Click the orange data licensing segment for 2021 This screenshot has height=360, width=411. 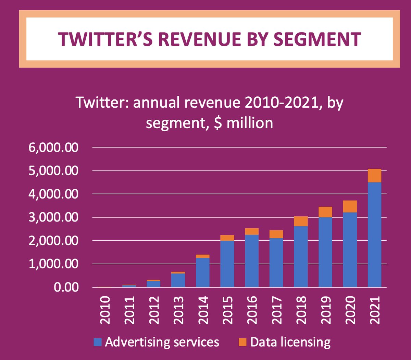point(374,176)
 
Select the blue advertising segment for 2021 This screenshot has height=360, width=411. point(374,235)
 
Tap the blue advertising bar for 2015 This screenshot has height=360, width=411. point(227,264)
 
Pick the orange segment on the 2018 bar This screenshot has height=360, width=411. point(301,221)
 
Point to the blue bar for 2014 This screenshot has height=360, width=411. point(202,273)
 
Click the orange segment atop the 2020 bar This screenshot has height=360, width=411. point(350,207)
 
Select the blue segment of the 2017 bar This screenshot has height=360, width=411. point(276,263)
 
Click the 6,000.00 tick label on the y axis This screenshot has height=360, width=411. point(53,148)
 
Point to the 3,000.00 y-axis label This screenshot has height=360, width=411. point(53,218)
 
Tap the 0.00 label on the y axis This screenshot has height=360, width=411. point(66,287)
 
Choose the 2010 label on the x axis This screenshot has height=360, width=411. point(105,310)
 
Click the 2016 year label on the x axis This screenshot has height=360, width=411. point(252,310)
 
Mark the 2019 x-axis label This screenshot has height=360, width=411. point(326,310)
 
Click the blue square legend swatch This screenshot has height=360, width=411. point(98,342)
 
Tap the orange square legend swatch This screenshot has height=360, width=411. point(242,342)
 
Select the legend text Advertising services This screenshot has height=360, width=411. point(162,342)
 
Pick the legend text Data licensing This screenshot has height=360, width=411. point(290,342)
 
